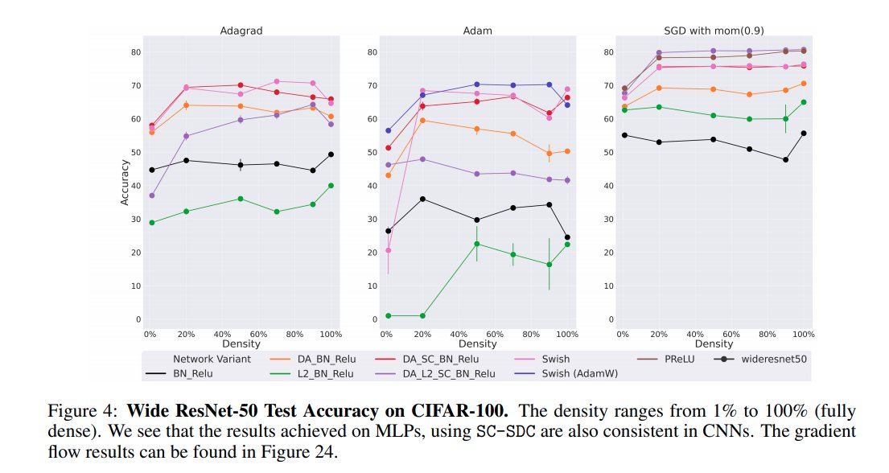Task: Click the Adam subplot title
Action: coord(476,31)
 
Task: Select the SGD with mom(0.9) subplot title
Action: coord(712,31)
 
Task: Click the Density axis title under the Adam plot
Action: coord(476,343)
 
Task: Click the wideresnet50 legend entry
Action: coord(763,359)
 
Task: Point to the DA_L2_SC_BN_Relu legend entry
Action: coord(452,372)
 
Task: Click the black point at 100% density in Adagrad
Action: coord(331,154)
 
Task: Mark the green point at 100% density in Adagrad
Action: coord(331,185)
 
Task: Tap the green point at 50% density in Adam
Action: coord(476,244)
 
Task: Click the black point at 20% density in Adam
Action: coord(422,199)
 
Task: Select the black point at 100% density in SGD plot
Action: coord(804,134)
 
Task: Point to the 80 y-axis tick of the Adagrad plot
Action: coord(134,52)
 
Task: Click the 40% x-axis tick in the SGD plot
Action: coord(695,333)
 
